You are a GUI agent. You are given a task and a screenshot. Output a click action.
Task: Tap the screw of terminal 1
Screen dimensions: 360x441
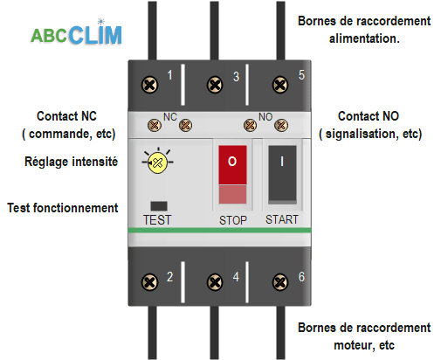pos(149,85)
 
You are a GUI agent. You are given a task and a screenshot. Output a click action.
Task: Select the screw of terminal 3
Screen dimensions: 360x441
pos(214,85)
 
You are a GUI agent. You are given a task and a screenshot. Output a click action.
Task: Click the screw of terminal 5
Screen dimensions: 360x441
pos(279,85)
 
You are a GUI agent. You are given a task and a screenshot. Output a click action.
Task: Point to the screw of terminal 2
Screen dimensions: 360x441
pos(149,280)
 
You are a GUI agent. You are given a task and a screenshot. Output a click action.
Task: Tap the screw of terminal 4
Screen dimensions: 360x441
pos(214,280)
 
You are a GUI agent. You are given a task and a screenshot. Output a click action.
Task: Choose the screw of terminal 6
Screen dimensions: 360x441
pos(279,280)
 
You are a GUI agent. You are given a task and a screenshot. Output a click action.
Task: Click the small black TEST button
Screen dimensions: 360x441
pos(158,205)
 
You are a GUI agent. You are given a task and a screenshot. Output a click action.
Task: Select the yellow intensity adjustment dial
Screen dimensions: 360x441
pos(157,163)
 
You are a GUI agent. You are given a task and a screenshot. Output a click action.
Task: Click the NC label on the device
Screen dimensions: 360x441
pos(170,116)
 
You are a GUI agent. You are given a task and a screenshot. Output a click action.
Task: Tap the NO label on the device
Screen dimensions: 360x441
pos(265,116)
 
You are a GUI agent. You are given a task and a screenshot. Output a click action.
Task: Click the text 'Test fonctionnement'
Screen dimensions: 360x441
pos(62,208)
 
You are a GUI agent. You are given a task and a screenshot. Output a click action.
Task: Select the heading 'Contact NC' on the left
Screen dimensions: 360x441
pos(67,116)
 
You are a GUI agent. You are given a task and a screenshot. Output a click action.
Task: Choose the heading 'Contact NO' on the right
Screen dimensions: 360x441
pos(369,116)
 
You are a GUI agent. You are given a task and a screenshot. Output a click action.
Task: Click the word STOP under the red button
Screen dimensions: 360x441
pos(232,220)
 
